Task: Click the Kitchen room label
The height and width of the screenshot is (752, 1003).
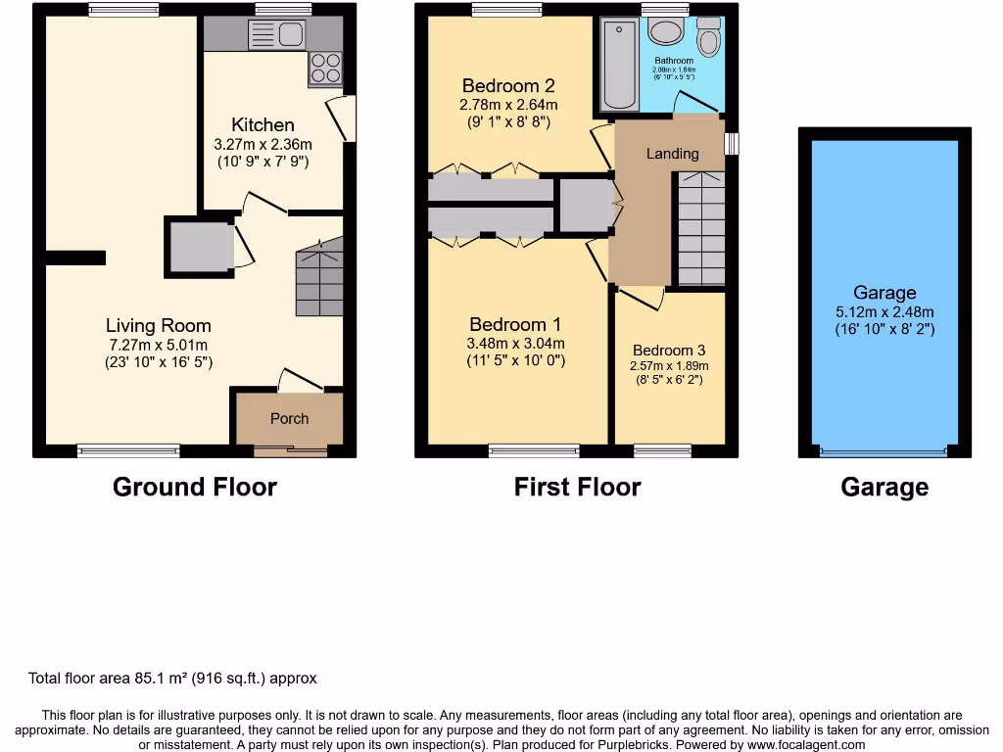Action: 263,124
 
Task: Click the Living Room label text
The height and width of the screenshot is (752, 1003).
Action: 158,325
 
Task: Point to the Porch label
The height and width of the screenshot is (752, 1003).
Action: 289,418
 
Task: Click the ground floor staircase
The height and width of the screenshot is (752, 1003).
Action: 318,280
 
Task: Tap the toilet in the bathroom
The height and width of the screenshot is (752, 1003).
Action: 707,37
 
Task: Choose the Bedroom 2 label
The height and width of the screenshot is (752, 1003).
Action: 508,85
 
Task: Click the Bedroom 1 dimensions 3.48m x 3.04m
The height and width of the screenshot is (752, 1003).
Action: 515,343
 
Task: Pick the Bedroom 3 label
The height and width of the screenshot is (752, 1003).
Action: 668,350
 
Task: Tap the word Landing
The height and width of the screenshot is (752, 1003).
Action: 672,153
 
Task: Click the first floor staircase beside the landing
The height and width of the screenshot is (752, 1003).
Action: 701,227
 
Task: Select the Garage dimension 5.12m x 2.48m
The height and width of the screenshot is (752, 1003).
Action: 884,312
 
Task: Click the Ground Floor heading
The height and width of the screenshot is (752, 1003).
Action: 195,487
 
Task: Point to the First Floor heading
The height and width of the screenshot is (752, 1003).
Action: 577,487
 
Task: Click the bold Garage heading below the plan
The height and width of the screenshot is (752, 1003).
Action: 884,487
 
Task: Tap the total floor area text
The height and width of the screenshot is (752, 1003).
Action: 172,678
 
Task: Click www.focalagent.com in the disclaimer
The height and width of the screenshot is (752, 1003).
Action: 796,744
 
